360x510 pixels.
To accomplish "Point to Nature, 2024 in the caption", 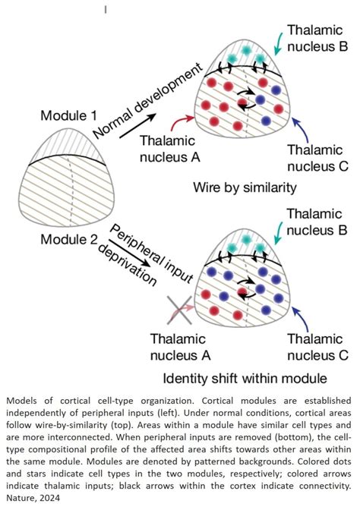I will (34, 498).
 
